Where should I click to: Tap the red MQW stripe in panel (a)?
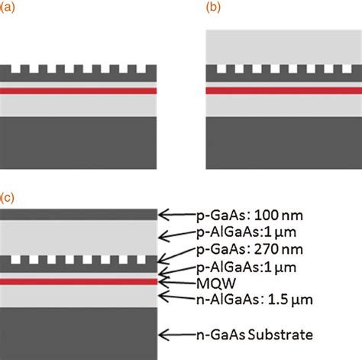[78, 90]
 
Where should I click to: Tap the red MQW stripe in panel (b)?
[283, 90]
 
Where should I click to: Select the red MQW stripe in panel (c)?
[78, 281]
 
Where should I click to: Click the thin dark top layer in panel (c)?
[78, 214]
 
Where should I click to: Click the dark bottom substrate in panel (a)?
[78, 138]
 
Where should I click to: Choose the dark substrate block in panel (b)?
[283, 138]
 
